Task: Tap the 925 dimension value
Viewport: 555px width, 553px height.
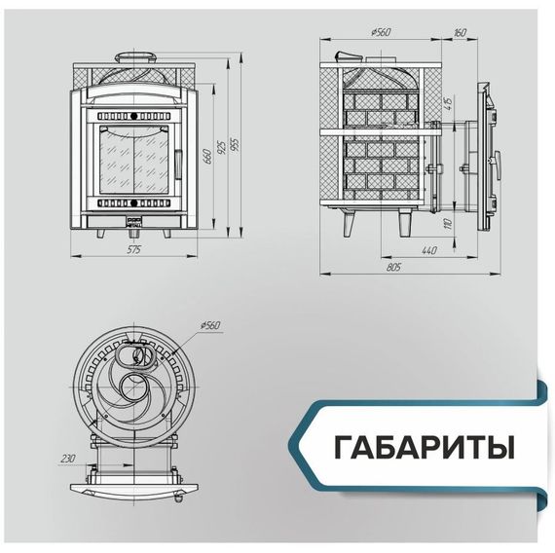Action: point(222,145)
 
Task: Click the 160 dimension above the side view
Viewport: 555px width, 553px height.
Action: point(461,33)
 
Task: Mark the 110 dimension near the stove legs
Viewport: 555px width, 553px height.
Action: point(448,224)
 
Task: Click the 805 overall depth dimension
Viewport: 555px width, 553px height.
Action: point(394,265)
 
